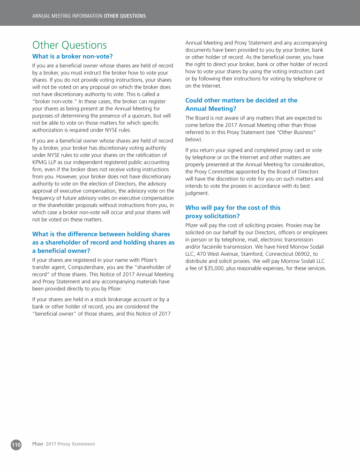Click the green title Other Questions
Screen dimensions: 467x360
pos(69,45)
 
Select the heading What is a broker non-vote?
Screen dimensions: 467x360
pos(72,56)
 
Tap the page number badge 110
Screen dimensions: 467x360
pos(16,444)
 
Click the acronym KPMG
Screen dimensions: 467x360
pos(41,162)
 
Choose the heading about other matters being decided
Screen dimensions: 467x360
pos(241,104)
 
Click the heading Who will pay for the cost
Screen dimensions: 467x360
pos(232,212)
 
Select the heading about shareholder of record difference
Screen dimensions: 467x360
pos(103,242)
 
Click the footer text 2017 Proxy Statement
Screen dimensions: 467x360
pos(70,444)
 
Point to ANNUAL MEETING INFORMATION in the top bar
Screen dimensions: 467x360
pos(67,16)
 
